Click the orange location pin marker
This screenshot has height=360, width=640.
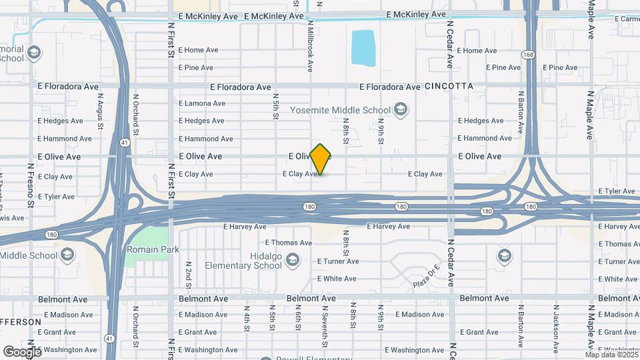(x=321, y=159)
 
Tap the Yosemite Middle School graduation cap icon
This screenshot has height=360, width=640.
(x=401, y=109)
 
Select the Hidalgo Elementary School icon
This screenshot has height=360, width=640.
(x=291, y=259)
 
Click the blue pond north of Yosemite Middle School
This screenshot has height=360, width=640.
(x=363, y=48)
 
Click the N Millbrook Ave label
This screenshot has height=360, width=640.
(x=310, y=45)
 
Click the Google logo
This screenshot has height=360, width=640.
(x=22, y=351)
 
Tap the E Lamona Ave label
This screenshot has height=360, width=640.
(x=202, y=103)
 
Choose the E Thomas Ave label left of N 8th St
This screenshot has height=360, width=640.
(x=289, y=243)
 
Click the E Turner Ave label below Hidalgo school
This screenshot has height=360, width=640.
(x=338, y=261)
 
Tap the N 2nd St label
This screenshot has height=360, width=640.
(x=189, y=275)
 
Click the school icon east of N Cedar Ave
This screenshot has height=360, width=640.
(x=505, y=255)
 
